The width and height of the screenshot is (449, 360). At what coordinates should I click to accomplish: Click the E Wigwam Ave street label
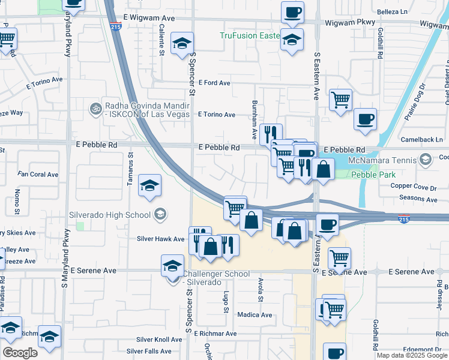(149, 19)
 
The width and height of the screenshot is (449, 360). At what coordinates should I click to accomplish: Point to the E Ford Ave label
(215, 83)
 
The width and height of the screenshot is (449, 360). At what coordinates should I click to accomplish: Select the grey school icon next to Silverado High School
(160, 214)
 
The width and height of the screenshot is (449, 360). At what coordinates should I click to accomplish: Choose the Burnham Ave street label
(255, 117)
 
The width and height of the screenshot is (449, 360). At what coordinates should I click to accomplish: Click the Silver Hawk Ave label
(160, 239)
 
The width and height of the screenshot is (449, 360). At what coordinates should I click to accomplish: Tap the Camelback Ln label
(422, 140)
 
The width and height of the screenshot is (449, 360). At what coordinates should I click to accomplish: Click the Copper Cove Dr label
(414, 187)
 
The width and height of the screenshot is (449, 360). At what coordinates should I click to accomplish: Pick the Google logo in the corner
(20, 353)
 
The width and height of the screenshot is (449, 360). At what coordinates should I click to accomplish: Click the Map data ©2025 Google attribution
(412, 355)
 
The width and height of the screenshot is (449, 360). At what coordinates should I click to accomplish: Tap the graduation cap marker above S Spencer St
(182, 43)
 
